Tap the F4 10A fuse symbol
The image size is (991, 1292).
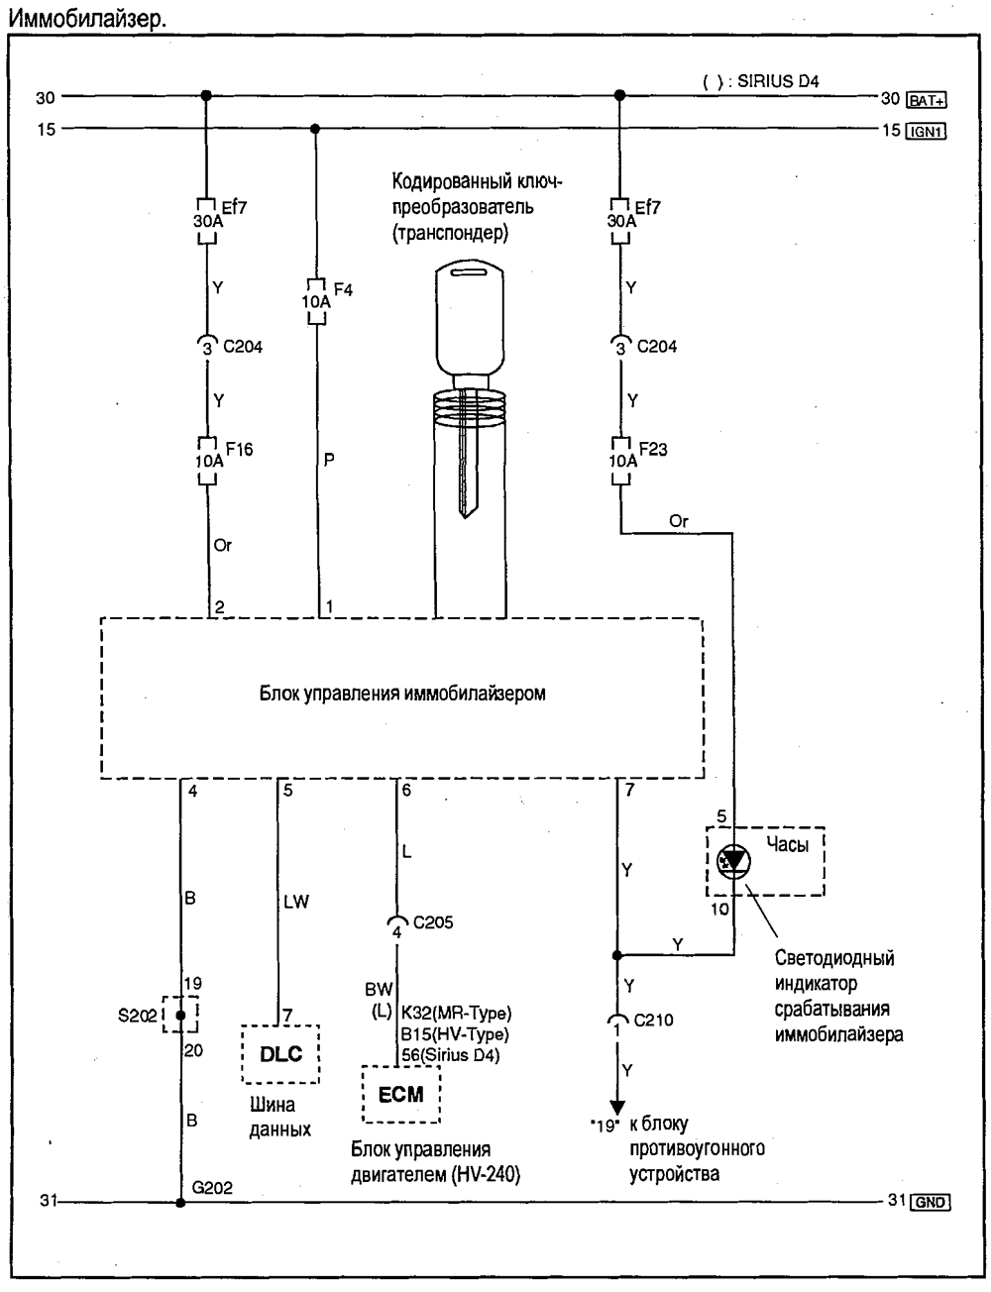click(316, 301)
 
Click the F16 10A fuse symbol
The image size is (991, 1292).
click(207, 461)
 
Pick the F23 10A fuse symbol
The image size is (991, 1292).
click(621, 461)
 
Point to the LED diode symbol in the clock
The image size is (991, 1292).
click(733, 860)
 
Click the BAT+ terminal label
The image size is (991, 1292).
click(927, 100)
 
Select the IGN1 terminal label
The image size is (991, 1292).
click(926, 132)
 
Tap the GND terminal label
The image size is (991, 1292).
click(930, 1202)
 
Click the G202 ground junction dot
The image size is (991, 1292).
click(180, 1202)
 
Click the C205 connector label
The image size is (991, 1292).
click(433, 922)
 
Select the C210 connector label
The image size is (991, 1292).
click(653, 1020)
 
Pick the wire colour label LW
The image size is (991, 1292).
click(296, 902)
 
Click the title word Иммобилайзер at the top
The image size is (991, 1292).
click(87, 19)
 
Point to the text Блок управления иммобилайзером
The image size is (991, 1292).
click(402, 694)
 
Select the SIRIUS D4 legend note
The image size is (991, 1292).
click(761, 81)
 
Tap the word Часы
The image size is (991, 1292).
click(787, 844)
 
